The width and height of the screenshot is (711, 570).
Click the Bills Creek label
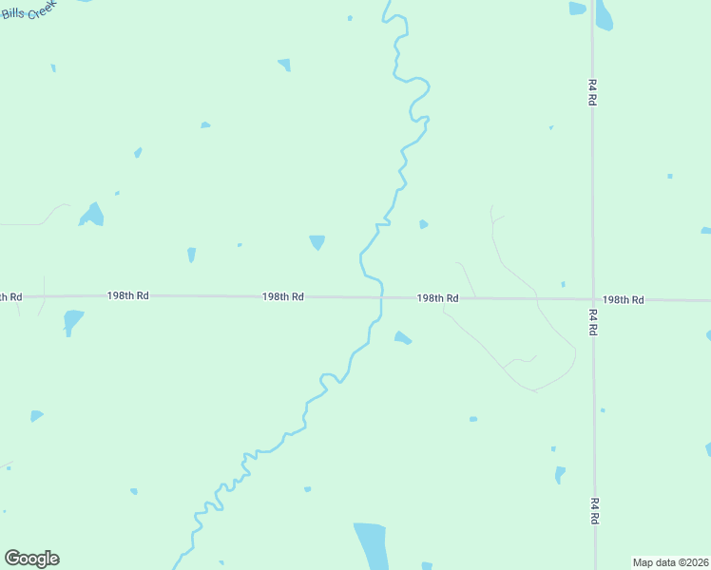coord(29,12)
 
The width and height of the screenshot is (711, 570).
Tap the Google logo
coord(32,559)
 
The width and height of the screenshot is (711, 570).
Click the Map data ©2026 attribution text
coord(670,562)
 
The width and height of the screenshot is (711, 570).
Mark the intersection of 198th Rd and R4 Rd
coord(593,299)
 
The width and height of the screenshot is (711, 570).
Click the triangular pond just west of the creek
coord(317,242)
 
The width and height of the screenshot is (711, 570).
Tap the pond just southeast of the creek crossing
coord(403,337)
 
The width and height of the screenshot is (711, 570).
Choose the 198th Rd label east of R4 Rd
coord(623,300)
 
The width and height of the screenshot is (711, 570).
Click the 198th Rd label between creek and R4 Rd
coord(437,298)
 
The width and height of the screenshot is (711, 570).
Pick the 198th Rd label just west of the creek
coord(283,297)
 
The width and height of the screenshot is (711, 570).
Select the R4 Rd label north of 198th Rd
coord(592,91)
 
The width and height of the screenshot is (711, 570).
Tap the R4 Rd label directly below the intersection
coord(593,321)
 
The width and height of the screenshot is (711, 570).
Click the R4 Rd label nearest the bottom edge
coord(594,511)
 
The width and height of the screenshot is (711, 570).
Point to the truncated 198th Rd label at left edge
coord(10,297)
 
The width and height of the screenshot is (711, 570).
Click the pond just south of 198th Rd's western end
coord(72,321)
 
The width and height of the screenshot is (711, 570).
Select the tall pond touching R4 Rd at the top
coord(604,14)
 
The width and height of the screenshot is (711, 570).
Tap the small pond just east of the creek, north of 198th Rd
coord(423,224)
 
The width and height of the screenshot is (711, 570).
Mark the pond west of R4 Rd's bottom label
coord(560,473)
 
